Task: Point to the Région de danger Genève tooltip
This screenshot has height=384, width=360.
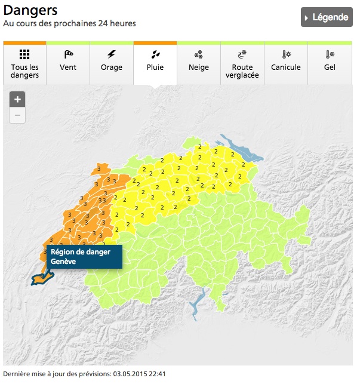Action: click(84, 256)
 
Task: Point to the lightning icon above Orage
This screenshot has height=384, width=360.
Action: click(112, 54)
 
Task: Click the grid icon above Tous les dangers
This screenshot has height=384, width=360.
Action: click(24, 54)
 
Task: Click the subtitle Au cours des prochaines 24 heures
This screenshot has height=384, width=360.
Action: click(69, 24)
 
